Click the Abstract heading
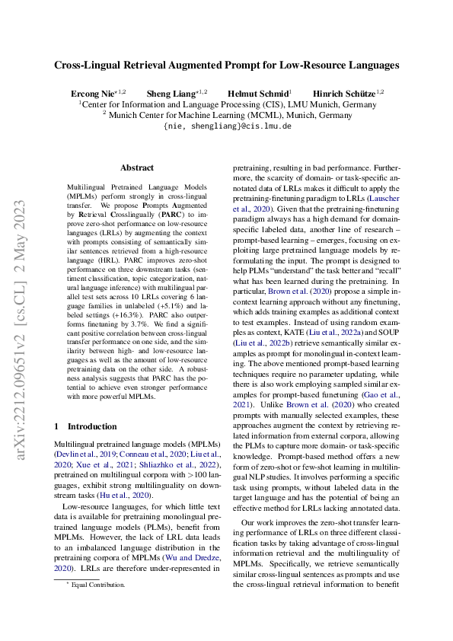137,167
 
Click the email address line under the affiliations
226,126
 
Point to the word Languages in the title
370,65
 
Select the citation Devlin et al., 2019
84,452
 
